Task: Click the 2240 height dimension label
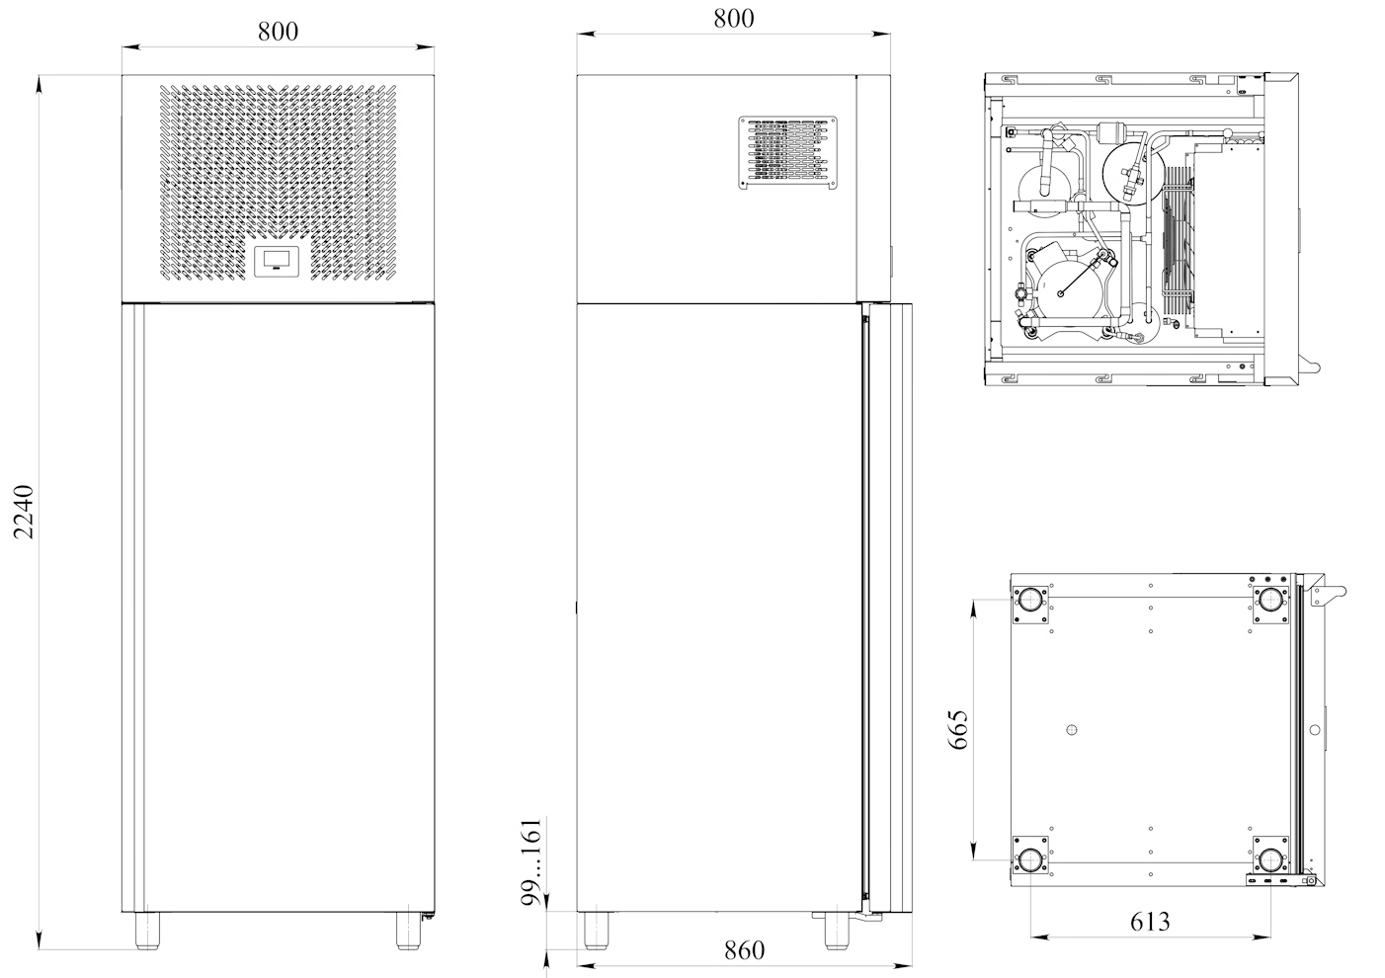[24, 512]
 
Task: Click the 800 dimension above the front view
[278, 32]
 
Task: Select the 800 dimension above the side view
[733, 19]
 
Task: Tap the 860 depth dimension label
[744, 950]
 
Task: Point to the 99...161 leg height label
[530, 862]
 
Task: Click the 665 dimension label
[957, 729]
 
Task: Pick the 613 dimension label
[1150, 922]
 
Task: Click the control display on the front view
[277, 262]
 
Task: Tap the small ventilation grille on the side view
[787, 152]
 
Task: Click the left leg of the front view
[147, 931]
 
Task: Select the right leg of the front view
[408, 931]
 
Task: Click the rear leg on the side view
[596, 931]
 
